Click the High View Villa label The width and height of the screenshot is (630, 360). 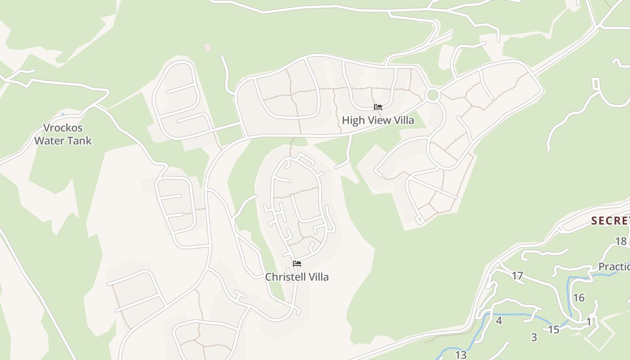[378, 121]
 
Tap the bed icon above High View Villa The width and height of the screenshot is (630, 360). [378, 107]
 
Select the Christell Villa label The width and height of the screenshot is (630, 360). [297, 277]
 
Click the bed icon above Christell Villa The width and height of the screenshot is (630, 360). [297, 264]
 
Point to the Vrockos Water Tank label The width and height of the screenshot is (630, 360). [63, 134]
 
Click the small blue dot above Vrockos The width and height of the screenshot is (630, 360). [63, 115]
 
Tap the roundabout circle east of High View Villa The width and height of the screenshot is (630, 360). [432, 95]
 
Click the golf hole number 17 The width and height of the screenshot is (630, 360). [517, 275]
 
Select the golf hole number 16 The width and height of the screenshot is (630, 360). [579, 297]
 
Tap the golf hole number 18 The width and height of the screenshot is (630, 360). [621, 241]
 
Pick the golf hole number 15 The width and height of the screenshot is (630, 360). [553, 329]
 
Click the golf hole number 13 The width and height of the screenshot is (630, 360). [461, 355]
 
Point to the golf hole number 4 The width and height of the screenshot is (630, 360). [499, 320]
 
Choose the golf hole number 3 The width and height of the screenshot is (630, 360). [534, 337]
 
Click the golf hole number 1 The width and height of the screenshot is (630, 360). [589, 322]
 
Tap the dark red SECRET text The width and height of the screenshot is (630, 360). [610, 220]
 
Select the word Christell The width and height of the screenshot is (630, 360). [283, 277]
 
